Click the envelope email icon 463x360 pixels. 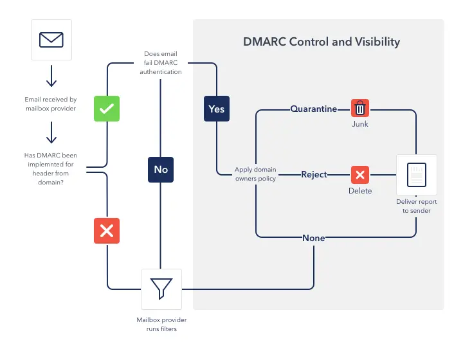(51, 40)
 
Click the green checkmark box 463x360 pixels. (107, 109)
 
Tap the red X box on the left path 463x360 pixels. (107, 230)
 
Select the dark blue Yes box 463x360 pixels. (217, 109)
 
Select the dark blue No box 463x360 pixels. (161, 169)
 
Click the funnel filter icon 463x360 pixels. (161, 289)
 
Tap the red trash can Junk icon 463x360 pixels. (360, 108)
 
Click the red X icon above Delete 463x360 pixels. (360, 174)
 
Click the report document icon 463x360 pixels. (417, 175)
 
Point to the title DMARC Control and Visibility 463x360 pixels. (322, 42)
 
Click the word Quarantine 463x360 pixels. (314, 109)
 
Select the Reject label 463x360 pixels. (314, 174)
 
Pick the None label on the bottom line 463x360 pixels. (314, 238)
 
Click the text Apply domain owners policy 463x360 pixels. (255, 174)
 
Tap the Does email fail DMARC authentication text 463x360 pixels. (161, 63)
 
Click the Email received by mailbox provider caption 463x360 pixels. (51, 104)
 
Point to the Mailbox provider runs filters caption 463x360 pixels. (161, 324)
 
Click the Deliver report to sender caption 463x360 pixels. (417, 206)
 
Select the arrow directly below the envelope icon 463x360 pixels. (51, 76)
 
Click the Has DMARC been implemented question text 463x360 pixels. (51, 168)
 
